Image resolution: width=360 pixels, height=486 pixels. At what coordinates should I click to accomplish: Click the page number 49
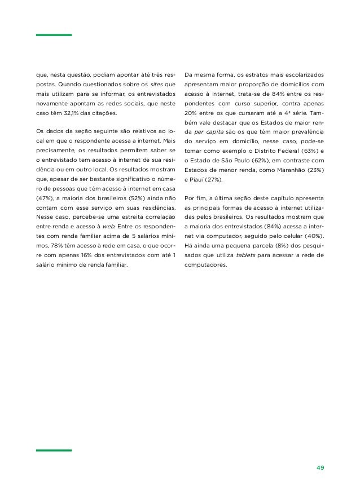[320, 467]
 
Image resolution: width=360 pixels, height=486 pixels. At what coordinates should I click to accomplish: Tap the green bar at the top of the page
[54, 35]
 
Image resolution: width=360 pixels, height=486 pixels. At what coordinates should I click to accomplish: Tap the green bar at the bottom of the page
[54, 450]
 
